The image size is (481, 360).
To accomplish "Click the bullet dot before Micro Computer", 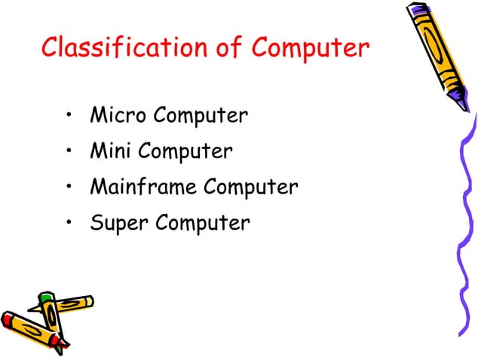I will tap(69, 117).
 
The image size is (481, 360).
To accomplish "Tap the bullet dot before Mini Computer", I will tap(69, 152).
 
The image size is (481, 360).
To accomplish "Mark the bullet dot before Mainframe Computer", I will tap(69, 188).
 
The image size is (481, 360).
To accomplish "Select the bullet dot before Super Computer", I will tap(69, 224).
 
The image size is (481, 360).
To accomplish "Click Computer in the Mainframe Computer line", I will tap(250, 187).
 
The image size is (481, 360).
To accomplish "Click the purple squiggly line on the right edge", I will tap(466, 226).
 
